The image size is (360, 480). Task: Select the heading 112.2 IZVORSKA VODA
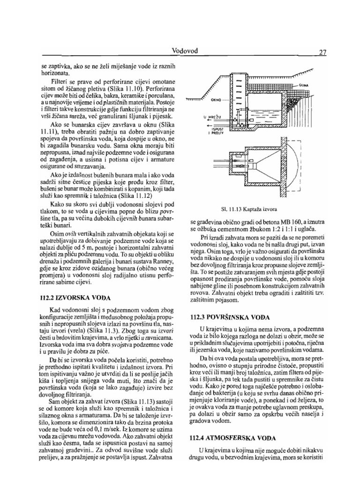click(75, 297)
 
